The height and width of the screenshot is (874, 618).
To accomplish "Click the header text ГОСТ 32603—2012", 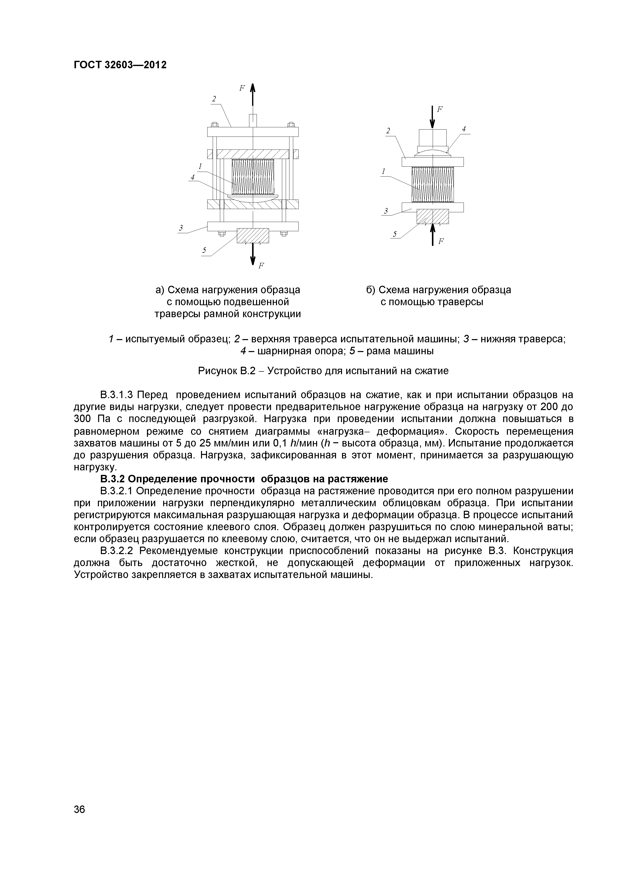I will (120, 65).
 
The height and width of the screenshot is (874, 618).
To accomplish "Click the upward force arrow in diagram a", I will (253, 99).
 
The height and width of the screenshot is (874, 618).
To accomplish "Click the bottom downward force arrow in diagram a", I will (253, 254).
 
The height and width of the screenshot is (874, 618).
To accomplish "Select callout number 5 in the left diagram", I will (204, 250).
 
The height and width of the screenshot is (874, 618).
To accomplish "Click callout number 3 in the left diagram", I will (181, 228).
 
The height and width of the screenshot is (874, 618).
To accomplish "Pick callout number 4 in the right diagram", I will (464, 129).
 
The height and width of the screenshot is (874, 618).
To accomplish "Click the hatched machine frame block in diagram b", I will (433, 216).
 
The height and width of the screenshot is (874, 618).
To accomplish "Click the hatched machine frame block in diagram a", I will (253, 235).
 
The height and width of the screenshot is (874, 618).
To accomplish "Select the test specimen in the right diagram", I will (433, 185).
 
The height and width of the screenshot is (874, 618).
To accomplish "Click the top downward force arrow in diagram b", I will (432, 117).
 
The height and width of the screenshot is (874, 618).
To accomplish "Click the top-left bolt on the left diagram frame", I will (214, 124).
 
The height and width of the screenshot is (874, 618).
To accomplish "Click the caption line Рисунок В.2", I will (323, 370).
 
